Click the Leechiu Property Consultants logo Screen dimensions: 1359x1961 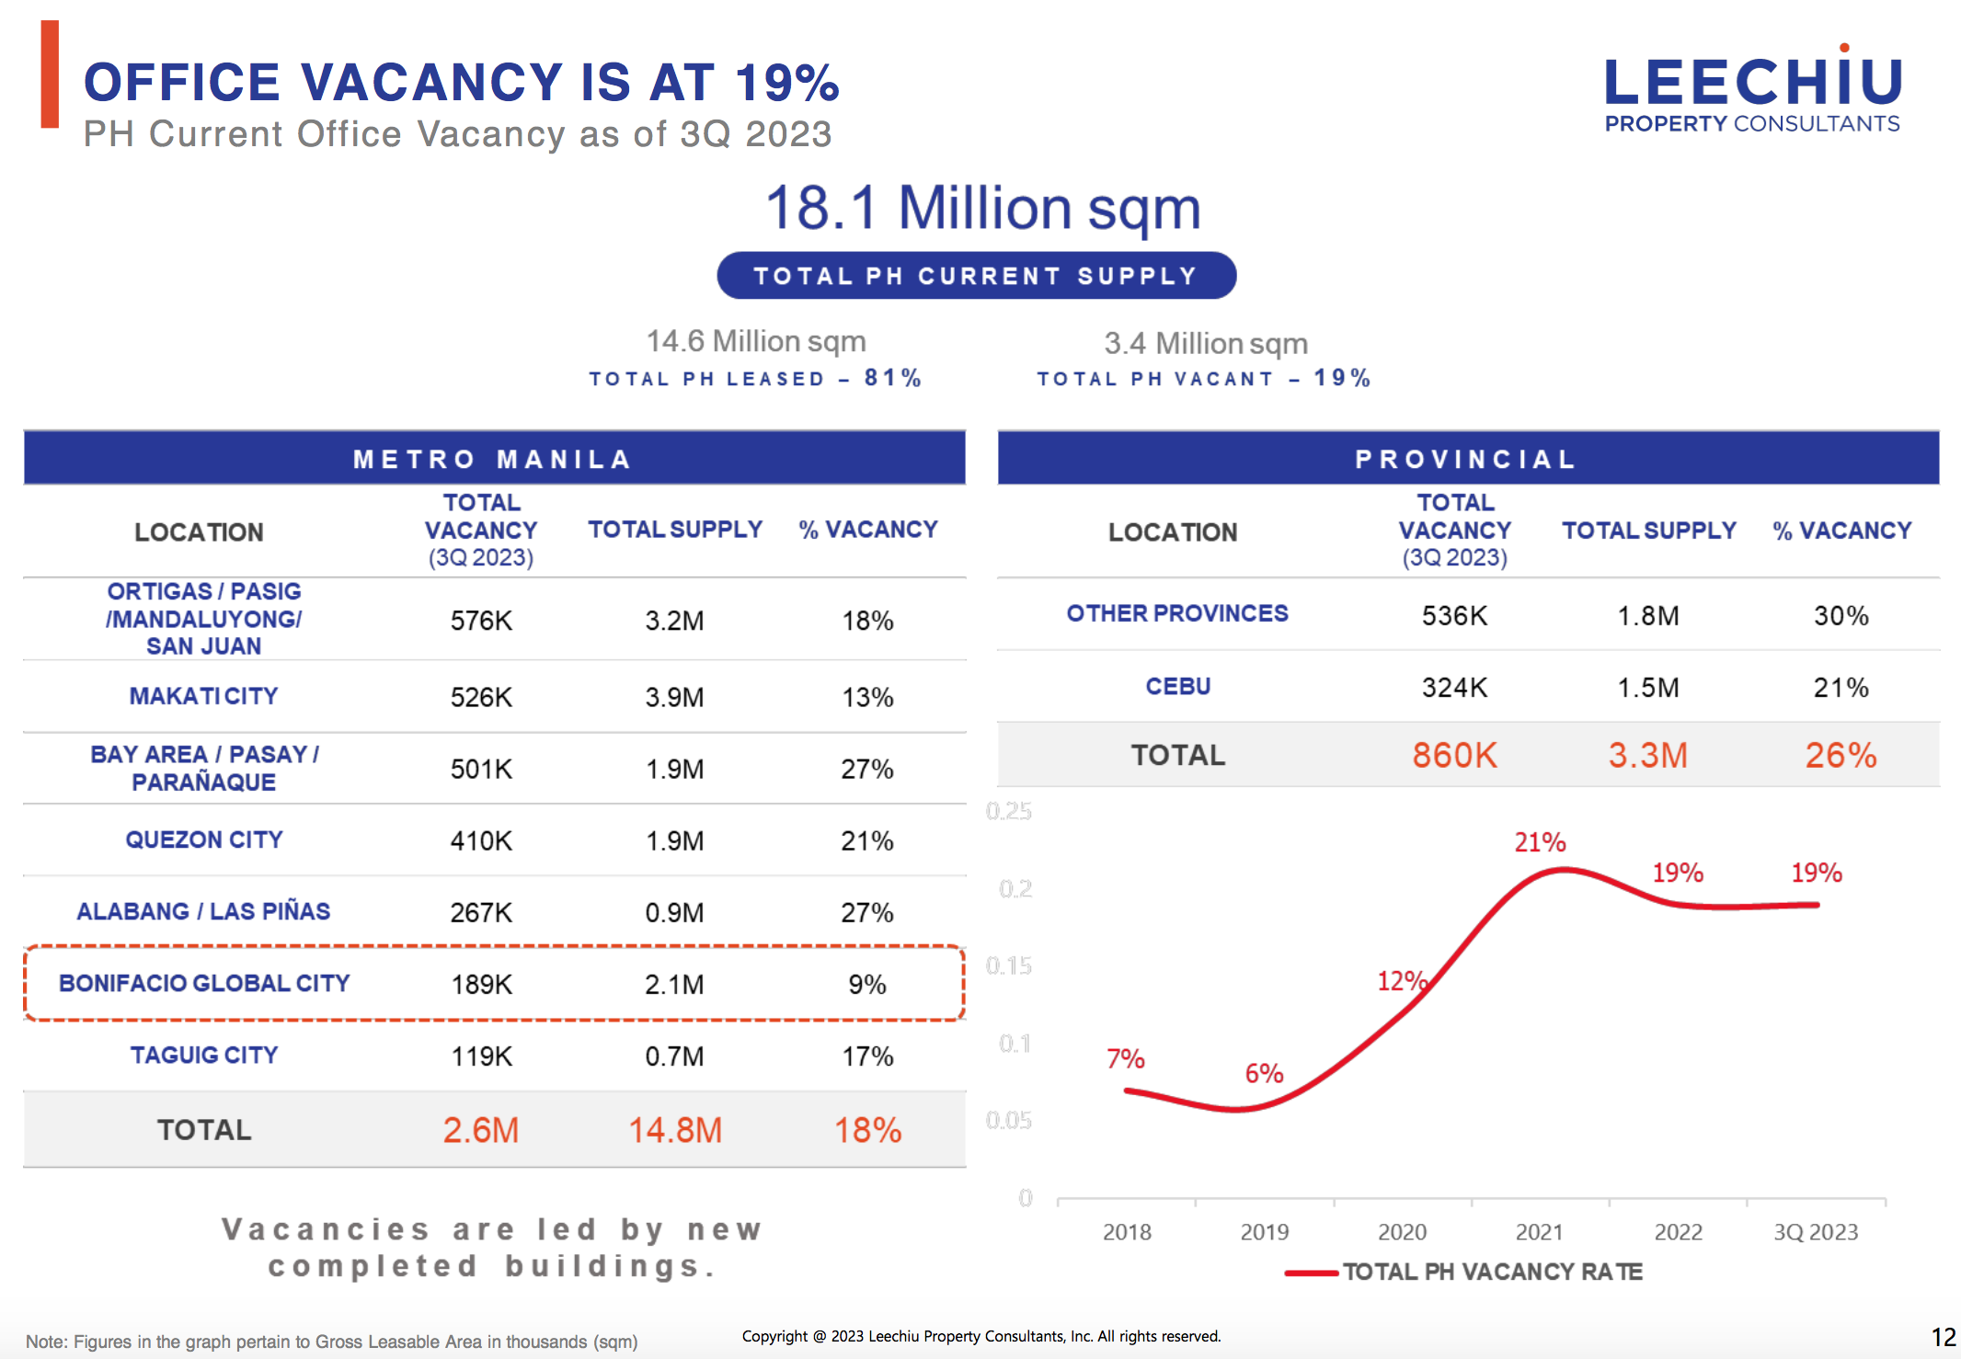1752,93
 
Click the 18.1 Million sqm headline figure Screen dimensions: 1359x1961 982,208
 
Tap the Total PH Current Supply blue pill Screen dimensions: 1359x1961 976,276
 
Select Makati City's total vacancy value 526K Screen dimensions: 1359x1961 481,697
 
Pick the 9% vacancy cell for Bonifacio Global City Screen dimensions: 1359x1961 866,985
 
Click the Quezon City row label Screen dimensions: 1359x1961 204,839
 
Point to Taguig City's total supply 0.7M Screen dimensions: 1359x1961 674,1056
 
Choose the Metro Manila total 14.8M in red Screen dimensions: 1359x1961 674,1130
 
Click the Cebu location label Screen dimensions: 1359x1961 1177,687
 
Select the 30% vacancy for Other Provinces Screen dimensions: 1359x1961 1841,615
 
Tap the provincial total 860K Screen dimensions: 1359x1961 1454,755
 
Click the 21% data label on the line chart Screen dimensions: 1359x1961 1540,842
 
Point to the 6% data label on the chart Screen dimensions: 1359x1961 1264,1073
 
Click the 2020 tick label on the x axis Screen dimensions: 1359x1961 1402,1232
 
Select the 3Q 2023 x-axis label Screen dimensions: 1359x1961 1816,1232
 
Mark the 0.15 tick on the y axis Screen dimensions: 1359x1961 1009,966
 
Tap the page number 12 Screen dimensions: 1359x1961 1943,1337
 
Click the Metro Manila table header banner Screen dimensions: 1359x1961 494,458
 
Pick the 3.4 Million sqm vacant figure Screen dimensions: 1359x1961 1205,344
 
